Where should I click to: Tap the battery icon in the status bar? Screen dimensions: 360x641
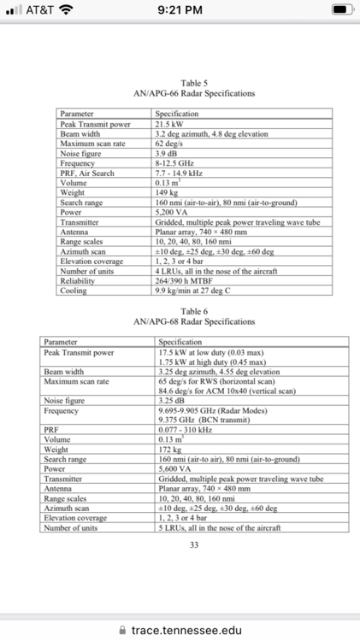click(341, 10)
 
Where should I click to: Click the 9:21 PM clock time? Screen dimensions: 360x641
click(180, 10)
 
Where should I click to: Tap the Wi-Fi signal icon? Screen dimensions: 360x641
click(65, 10)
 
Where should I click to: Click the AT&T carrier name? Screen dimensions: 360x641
click(36, 10)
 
